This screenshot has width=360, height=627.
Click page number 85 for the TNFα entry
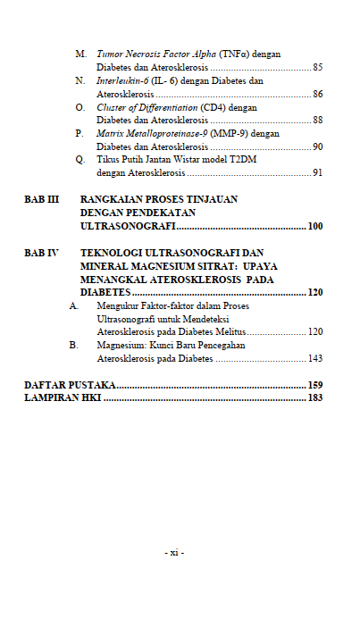click(x=317, y=67)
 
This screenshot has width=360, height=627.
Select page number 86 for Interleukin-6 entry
click(x=317, y=94)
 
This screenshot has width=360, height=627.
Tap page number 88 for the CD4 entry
click(x=317, y=120)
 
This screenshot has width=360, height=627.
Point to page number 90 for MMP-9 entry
click(x=317, y=146)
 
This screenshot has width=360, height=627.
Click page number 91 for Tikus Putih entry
click(x=317, y=172)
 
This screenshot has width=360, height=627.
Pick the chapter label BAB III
click(x=41, y=200)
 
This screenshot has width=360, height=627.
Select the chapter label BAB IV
click(x=41, y=253)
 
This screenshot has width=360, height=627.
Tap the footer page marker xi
click(x=175, y=553)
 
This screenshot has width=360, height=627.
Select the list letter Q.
click(x=80, y=159)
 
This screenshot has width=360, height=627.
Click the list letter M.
click(x=80, y=54)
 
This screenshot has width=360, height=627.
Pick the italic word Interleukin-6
click(x=122, y=80)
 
